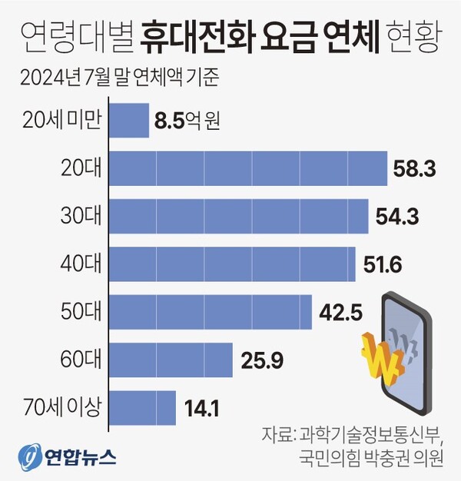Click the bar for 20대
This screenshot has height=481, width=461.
[249, 168]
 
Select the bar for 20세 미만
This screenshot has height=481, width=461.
[130, 120]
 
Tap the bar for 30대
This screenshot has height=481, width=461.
[240, 216]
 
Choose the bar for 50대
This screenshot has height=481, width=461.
[212, 311]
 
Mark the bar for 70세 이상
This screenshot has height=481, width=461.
[144, 406]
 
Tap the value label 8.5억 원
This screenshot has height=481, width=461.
[187, 120]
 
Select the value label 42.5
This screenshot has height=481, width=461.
[340, 311]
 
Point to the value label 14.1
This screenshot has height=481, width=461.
[202, 407]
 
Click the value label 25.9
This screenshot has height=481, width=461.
[261, 359]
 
